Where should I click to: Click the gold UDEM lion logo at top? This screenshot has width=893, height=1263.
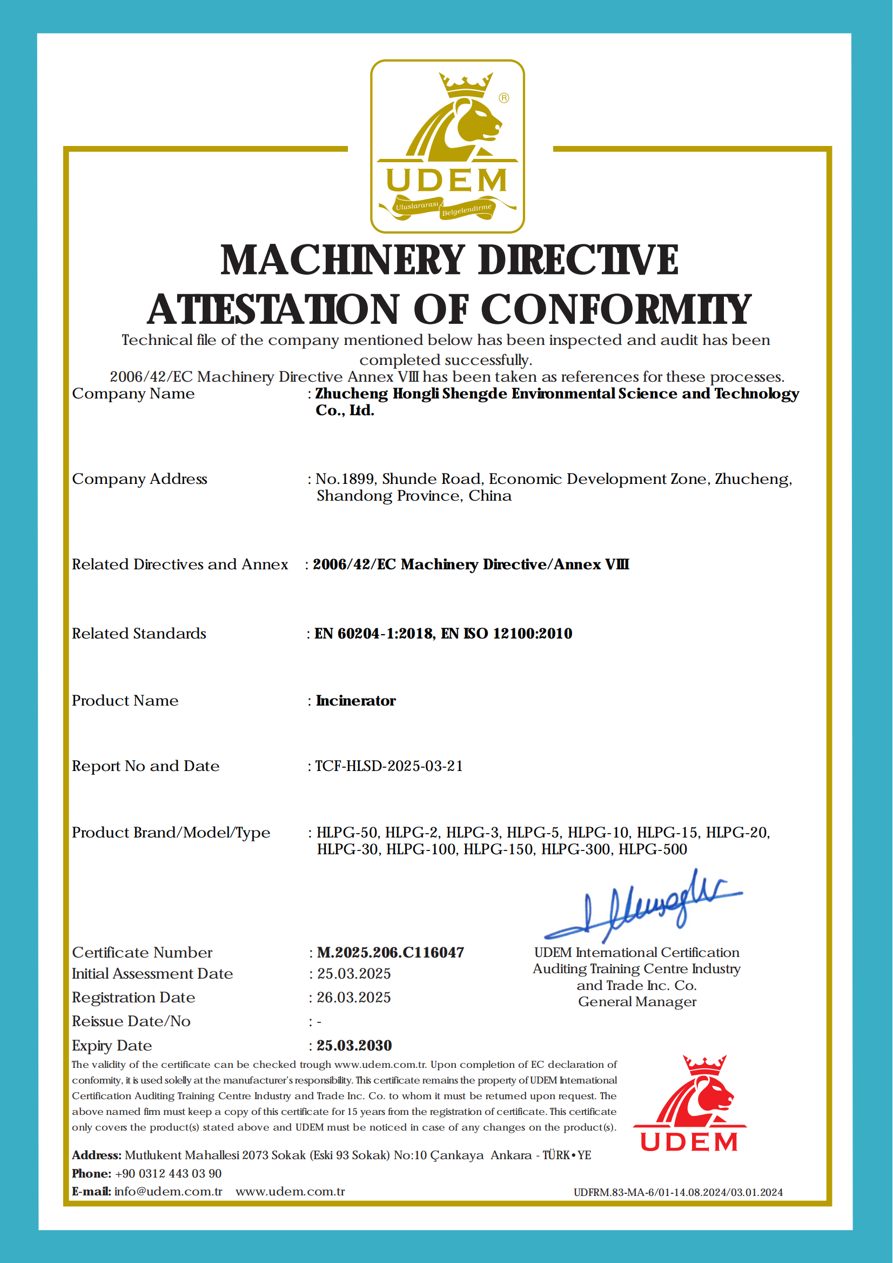447,146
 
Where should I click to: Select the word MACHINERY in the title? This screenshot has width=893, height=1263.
343,260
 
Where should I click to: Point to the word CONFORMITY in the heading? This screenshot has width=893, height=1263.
616,309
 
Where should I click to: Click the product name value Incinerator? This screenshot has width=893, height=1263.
356,701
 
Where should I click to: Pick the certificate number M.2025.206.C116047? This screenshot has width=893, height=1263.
391,953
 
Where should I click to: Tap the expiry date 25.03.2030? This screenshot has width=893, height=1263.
354,1046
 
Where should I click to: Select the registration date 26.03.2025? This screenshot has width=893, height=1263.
353,998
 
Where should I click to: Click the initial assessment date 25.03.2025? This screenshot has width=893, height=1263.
353,974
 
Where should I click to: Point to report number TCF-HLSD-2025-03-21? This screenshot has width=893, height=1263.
389,766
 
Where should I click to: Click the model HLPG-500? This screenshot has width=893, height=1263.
653,850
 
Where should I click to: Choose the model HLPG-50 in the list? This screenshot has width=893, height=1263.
347,833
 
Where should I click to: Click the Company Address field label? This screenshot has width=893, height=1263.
139,480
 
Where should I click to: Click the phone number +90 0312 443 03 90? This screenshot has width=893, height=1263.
168,1173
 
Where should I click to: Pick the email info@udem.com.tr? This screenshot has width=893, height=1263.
168,1192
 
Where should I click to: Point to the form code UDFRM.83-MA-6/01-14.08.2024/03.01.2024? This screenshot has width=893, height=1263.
678,1193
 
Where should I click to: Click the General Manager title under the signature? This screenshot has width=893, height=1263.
637,1002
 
